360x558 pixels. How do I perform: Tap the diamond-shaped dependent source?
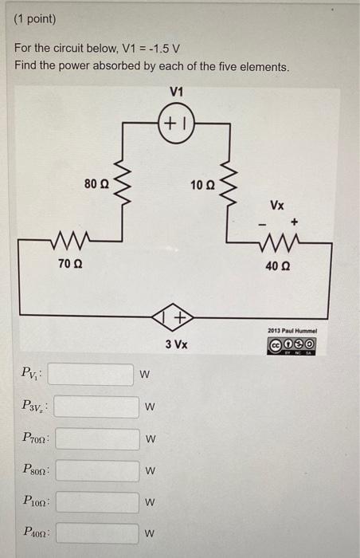pyautogui.click(x=177, y=318)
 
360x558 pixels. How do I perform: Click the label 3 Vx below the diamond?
pyautogui.click(x=176, y=345)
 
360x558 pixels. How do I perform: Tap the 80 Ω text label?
pyautogui.click(x=96, y=184)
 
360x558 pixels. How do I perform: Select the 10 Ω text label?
pyautogui.click(x=203, y=185)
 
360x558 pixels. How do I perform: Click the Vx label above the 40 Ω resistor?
pyautogui.click(x=276, y=204)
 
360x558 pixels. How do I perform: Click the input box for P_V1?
pyautogui.click(x=94, y=374)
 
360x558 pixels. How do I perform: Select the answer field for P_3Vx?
pyautogui.click(x=94, y=407)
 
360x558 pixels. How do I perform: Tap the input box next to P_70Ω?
pyautogui.click(x=94, y=438)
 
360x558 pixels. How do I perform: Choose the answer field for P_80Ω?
pyautogui.click(x=94, y=470)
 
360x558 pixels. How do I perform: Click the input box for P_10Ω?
pyautogui.click(x=94, y=502)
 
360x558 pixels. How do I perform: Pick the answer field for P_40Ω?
pyautogui.click(x=94, y=532)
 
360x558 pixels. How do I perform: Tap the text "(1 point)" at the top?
pyautogui.click(x=35, y=18)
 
